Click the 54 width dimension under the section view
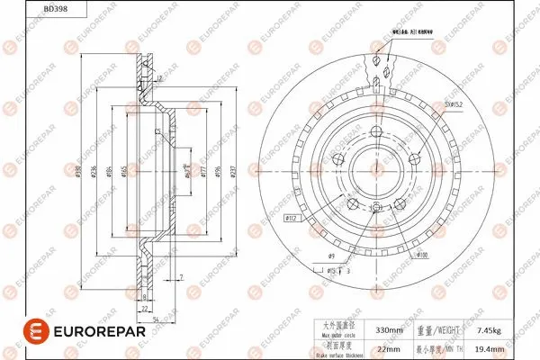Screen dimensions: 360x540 (155, 319)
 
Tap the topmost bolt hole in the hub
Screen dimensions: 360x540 (376, 136)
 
